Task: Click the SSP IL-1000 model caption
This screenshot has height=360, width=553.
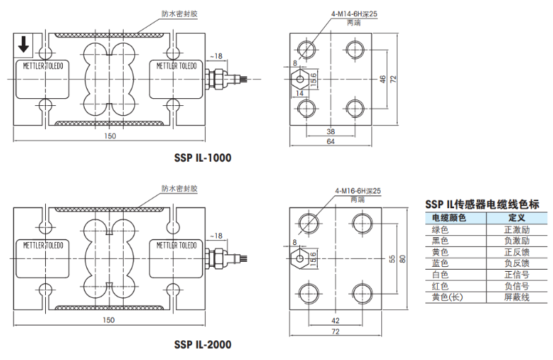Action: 202,157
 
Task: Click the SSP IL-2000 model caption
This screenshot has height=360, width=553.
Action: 202,345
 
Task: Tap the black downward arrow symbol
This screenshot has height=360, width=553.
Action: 23,44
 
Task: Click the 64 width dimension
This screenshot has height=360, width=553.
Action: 331,142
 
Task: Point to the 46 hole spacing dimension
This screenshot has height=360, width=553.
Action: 382,78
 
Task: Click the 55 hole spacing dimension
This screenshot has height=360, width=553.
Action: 391,259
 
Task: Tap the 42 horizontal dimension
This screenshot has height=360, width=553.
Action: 334,320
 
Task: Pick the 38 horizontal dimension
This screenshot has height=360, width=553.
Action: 331,131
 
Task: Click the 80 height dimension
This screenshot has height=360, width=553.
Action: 403,259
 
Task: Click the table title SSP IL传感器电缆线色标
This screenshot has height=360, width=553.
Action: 482,203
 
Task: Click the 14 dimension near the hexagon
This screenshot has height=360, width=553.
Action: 299,92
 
